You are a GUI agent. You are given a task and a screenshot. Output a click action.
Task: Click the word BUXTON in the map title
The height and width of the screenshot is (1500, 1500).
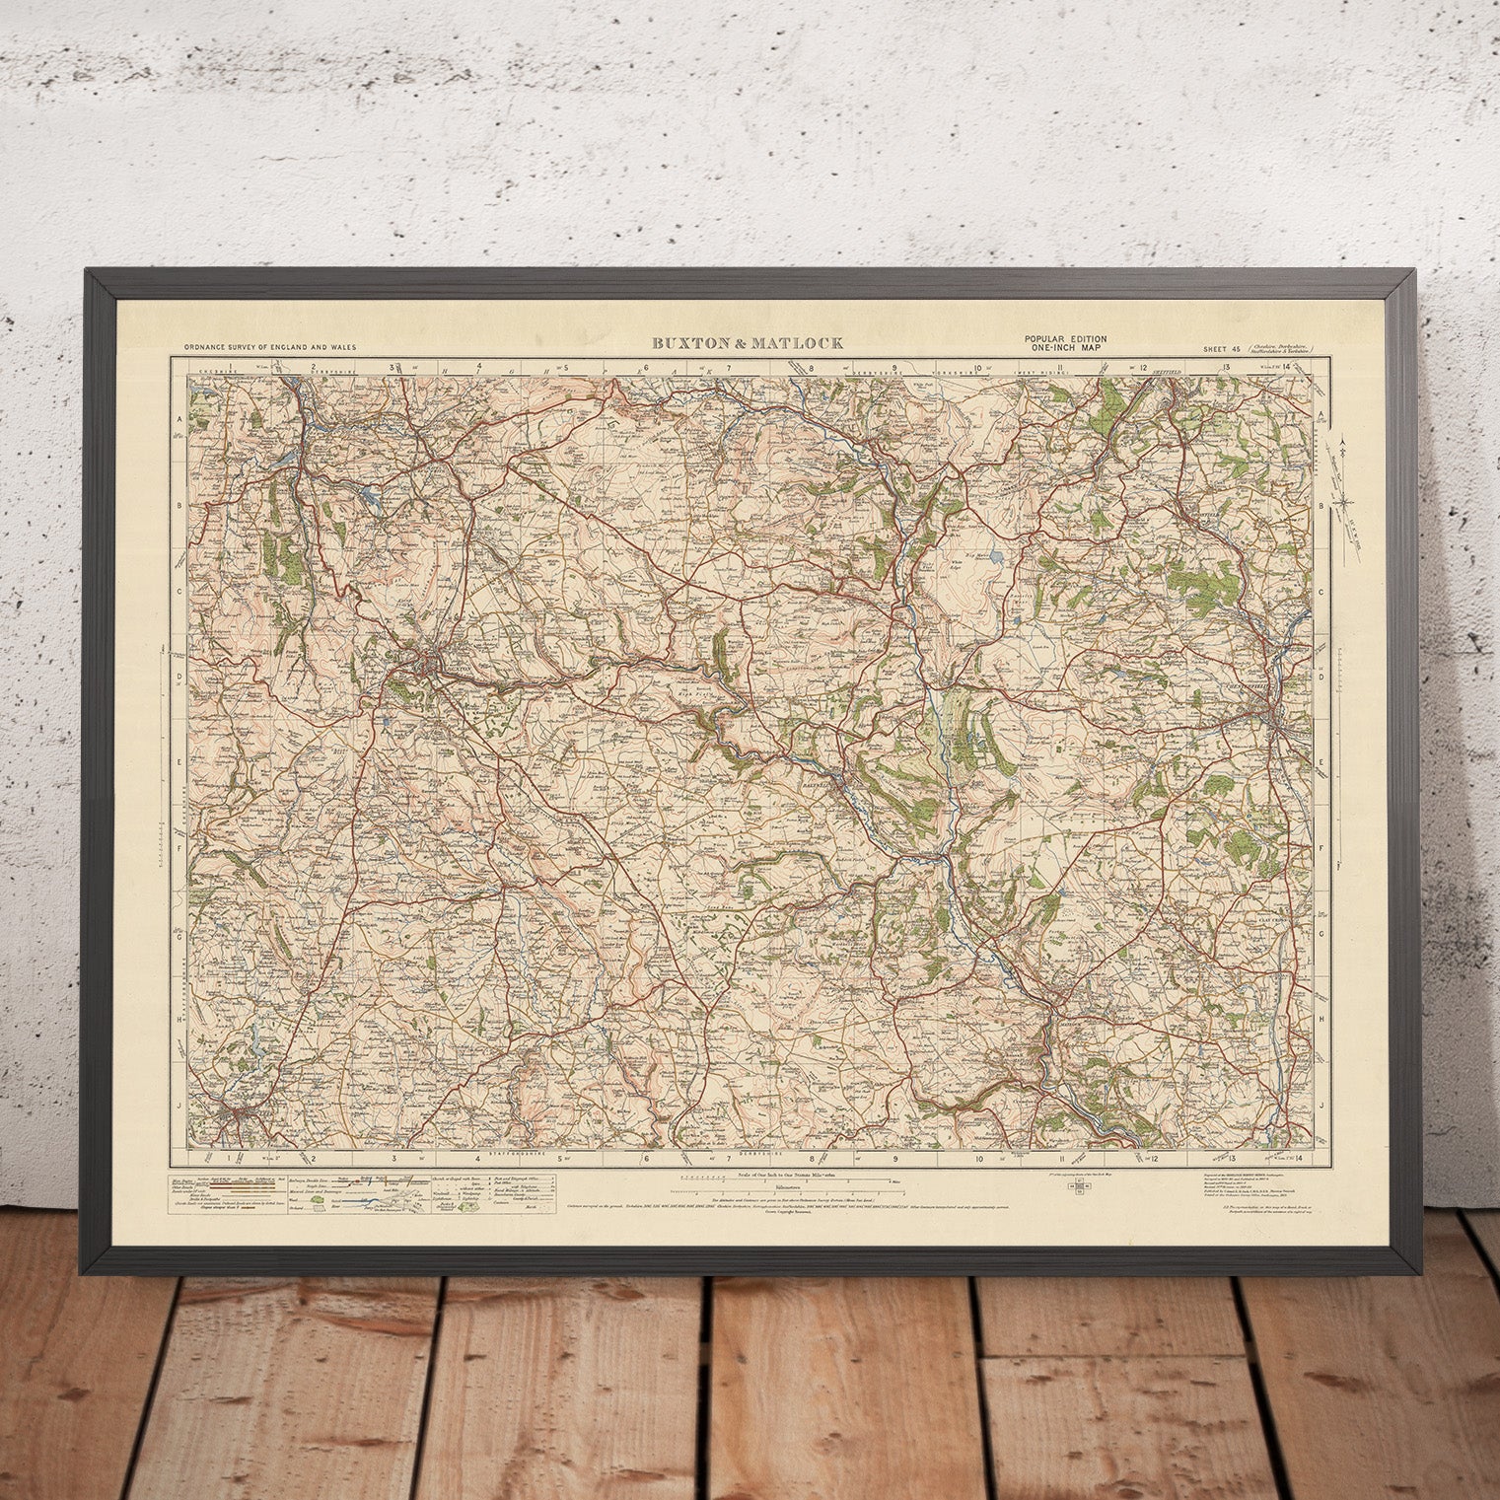pyautogui.click(x=688, y=343)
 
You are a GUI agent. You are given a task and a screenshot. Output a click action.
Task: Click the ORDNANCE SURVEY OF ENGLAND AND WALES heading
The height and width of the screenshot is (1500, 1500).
pyautogui.click(x=268, y=348)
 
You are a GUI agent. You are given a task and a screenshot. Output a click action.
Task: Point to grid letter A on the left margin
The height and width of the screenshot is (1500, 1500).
pyautogui.click(x=180, y=419)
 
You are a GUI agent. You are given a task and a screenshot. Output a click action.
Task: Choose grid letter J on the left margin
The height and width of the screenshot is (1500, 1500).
pyautogui.click(x=180, y=1106)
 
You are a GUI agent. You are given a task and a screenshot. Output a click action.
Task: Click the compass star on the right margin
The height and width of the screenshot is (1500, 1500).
pyautogui.click(x=1343, y=500)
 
